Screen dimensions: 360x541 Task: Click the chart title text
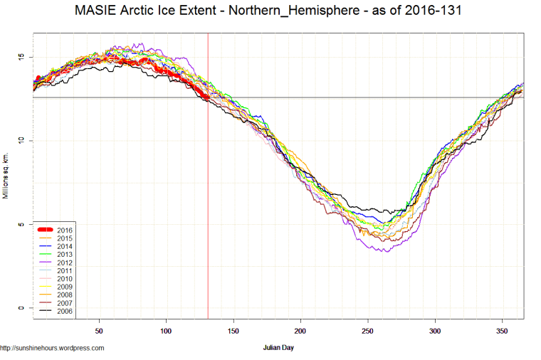tap(270, 12)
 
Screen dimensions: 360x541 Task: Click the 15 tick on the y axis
tap(21, 57)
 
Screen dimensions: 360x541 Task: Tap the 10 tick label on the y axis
tap(21, 141)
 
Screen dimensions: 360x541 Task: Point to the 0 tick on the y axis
tap(21, 308)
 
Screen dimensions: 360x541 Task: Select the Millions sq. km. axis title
tap(6, 174)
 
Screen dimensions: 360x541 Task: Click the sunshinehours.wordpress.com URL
tap(52, 348)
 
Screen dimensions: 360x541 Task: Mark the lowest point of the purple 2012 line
tap(386, 251)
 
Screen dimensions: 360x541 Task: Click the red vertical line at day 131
tap(208, 213)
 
